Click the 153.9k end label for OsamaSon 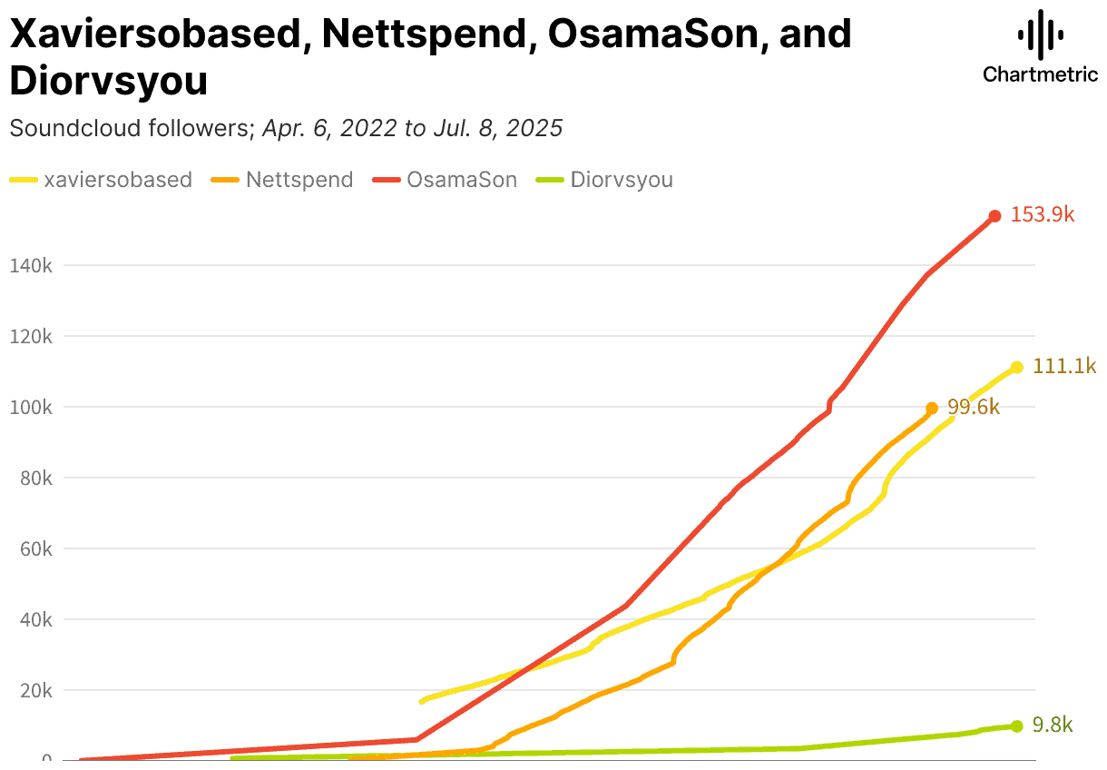tap(1044, 215)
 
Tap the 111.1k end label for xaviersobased tap(1064, 367)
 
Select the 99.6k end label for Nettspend tap(974, 408)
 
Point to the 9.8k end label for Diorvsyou tap(1053, 725)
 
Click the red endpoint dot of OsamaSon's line tap(994, 216)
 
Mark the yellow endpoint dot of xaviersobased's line tap(1016, 367)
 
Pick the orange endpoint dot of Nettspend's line tap(932, 409)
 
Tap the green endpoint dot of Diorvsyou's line tap(1016, 726)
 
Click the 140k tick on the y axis tap(31, 266)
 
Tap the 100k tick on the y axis tap(31, 408)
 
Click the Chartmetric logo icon tap(1040, 35)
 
